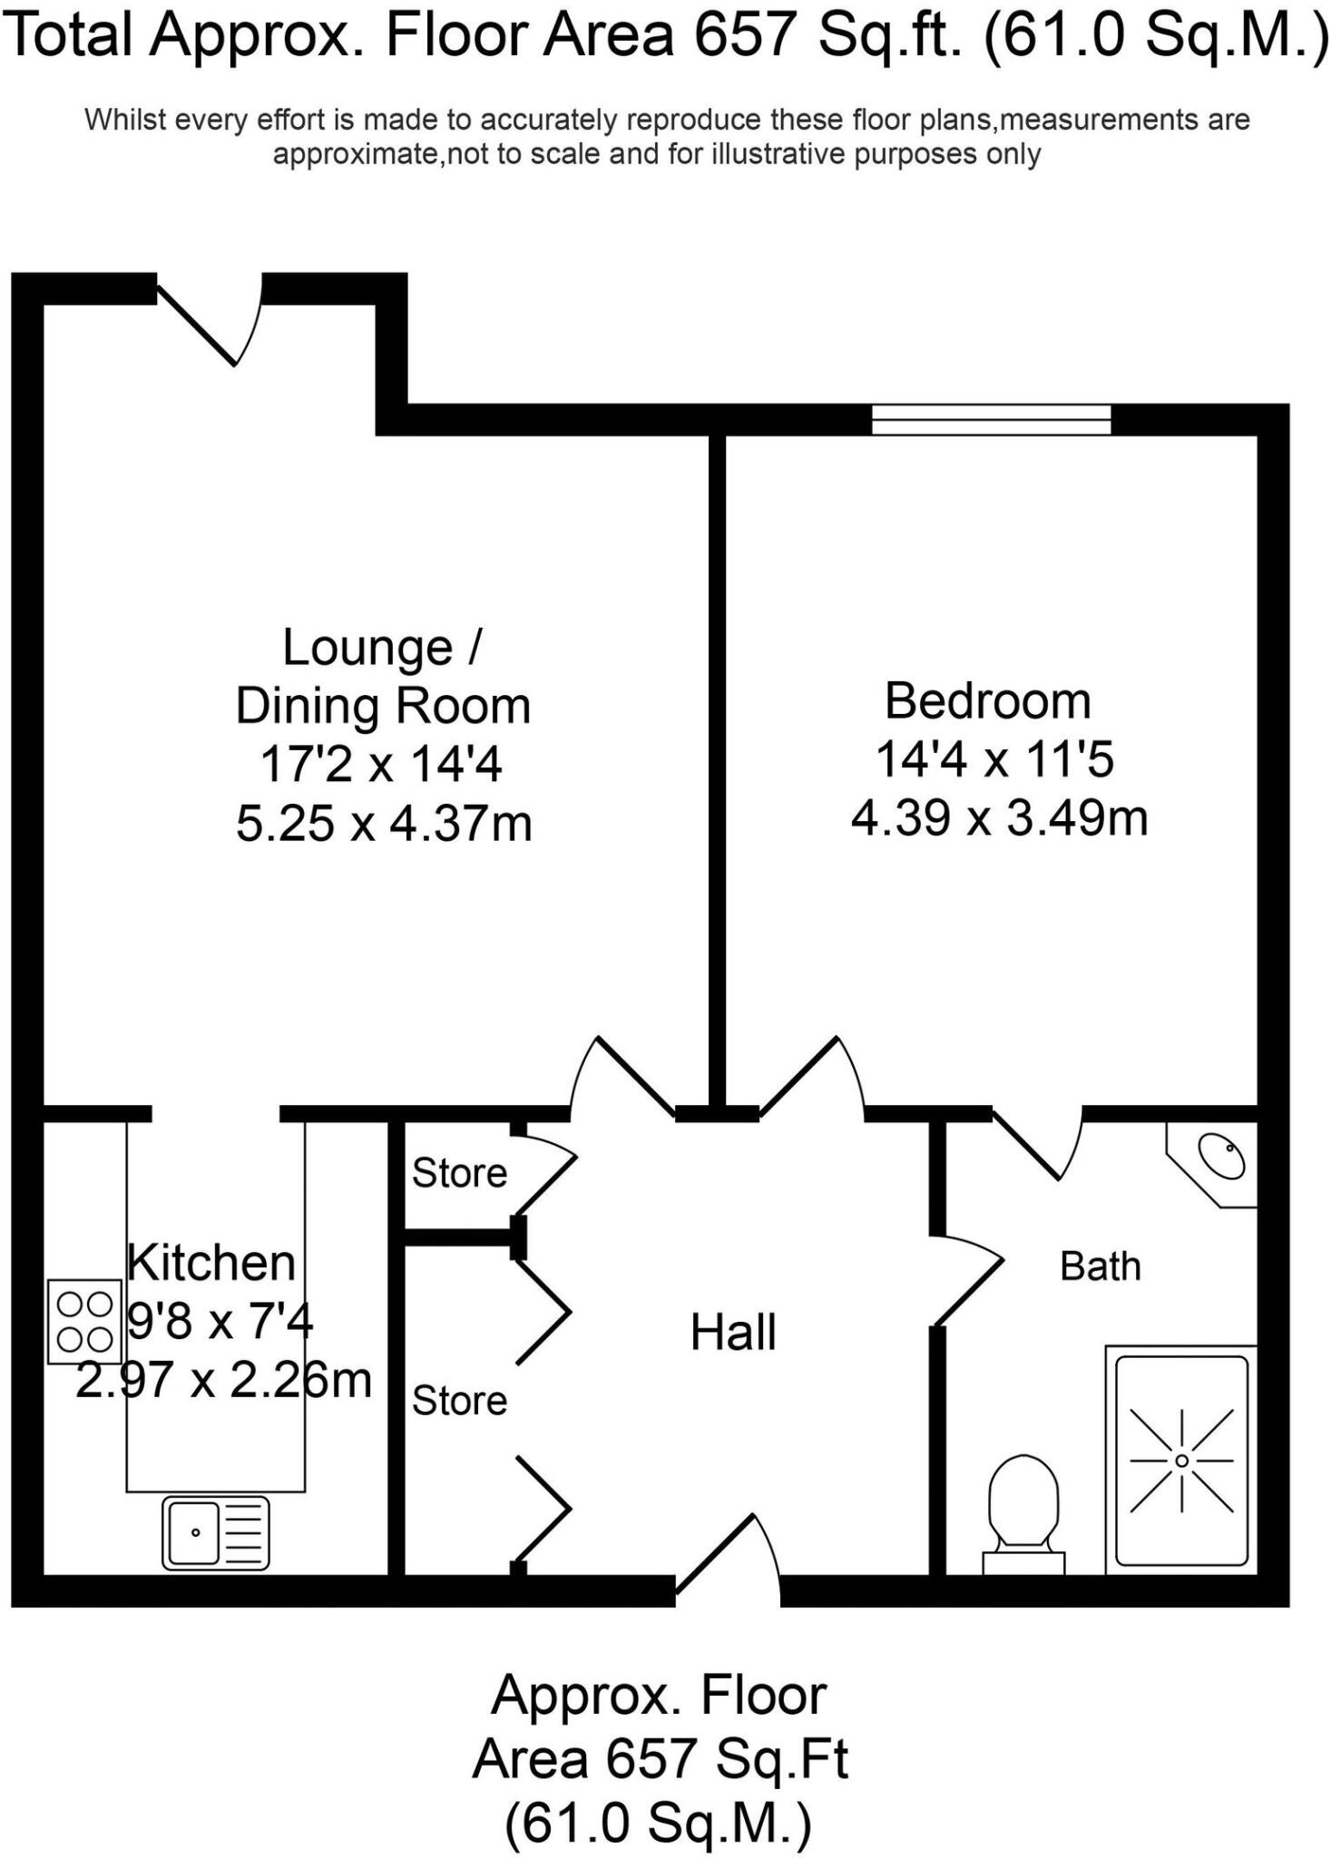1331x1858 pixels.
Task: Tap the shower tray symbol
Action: (1181, 1461)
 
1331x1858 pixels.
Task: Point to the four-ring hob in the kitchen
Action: (84, 1321)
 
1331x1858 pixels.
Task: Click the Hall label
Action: (733, 1333)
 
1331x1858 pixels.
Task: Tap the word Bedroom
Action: (987, 701)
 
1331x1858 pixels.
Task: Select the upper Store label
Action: (459, 1173)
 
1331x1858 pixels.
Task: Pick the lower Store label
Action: (459, 1401)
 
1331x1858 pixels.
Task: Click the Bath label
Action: (1100, 1266)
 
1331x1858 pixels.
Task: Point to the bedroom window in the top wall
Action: (991, 419)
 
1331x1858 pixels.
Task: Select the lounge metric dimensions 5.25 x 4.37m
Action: (383, 824)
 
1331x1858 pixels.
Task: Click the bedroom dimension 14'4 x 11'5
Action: (993, 759)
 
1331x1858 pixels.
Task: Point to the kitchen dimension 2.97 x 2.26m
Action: (224, 1381)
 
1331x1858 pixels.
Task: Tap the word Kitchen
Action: (211, 1263)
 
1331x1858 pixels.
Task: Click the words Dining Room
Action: (383, 707)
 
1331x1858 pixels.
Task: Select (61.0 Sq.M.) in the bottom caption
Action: (659, 1824)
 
